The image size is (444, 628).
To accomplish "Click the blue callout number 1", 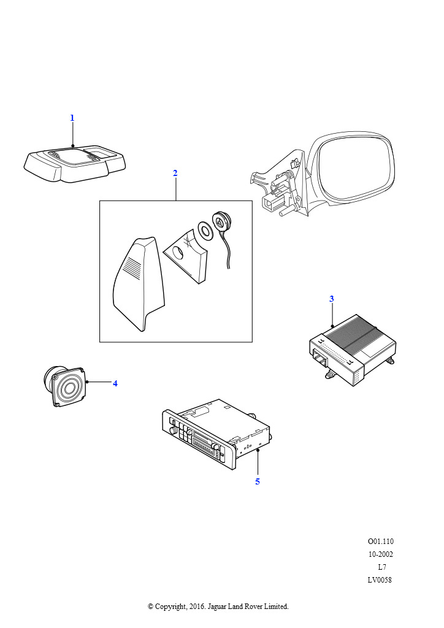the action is (72, 118).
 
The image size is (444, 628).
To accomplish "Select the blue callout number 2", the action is (175, 173).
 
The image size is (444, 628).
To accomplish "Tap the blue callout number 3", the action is (332, 299).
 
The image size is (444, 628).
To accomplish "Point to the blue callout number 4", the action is (115, 383).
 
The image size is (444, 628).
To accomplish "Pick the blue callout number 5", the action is (258, 481).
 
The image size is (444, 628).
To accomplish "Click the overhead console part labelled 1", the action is (75, 164).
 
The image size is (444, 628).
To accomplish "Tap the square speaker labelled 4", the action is (64, 386).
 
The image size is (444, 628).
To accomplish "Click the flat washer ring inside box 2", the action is (206, 231).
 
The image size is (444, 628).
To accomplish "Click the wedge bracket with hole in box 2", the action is (186, 255).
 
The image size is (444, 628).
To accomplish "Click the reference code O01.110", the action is (381, 542).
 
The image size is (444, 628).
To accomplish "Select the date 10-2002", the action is (381, 554).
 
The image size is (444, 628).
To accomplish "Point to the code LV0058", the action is (380, 580).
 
